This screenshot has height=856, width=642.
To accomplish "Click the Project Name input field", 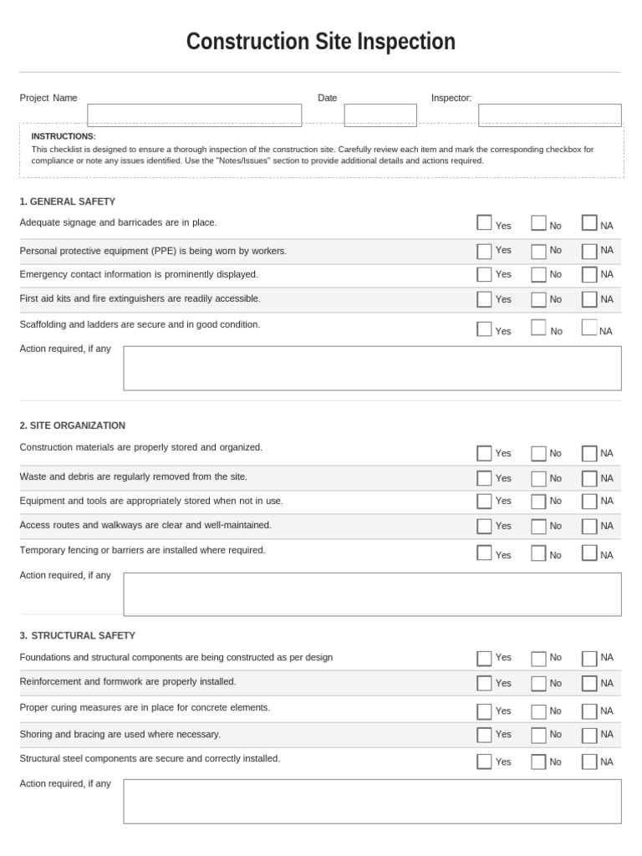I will pyautogui.click(x=194, y=115).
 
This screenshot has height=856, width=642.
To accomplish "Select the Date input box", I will pyautogui.click(x=380, y=115).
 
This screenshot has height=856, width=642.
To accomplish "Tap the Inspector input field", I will pyautogui.click(x=549, y=115).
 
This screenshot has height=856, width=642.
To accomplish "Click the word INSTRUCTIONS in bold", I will pyautogui.click(x=64, y=136).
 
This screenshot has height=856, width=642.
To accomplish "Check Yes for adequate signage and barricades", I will pyautogui.click(x=484, y=222).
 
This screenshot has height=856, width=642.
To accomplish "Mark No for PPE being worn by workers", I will pyautogui.click(x=538, y=251).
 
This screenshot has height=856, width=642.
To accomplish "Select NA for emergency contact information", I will pyautogui.click(x=589, y=274).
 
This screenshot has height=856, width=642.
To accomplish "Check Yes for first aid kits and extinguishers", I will pyautogui.click(x=484, y=299).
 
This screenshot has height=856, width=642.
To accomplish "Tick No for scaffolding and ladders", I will pyautogui.click(x=538, y=328).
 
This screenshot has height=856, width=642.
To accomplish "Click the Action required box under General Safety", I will pyautogui.click(x=372, y=368).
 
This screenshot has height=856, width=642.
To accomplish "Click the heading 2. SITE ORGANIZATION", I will pyautogui.click(x=73, y=425).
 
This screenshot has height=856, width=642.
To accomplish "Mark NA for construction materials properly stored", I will pyautogui.click(x=589, y=453).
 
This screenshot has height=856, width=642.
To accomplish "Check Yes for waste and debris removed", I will pyautogui.click(x=484, y=478).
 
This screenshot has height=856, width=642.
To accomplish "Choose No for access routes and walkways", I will pyautogui.click(x=538, y=526).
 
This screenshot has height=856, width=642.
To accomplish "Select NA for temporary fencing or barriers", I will pyautogui.click(x=589, y=553).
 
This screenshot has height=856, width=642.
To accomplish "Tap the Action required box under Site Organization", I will pyautogui.click(x=372, y=594).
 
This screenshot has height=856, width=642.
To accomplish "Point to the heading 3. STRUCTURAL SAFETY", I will pyautogui.click(x=78, y=635).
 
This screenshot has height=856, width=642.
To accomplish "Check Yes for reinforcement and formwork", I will pyautogui.click(x=484, y=683).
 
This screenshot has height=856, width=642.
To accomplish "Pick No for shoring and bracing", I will pyautogui.click(x=538, y=735).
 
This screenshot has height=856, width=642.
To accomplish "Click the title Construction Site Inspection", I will pyautogui.click(x=321, y=42).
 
